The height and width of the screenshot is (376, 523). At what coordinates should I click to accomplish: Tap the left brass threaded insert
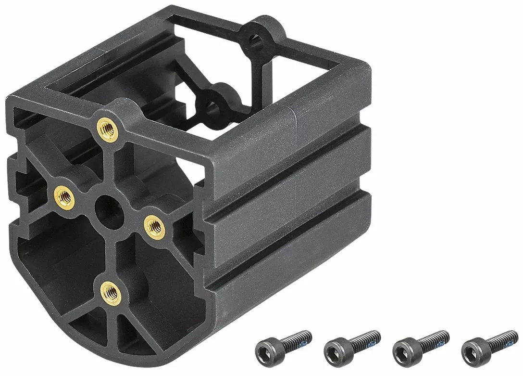(x=64, y=195)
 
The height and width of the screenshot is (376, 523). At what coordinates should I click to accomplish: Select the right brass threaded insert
(x=155, y=224)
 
